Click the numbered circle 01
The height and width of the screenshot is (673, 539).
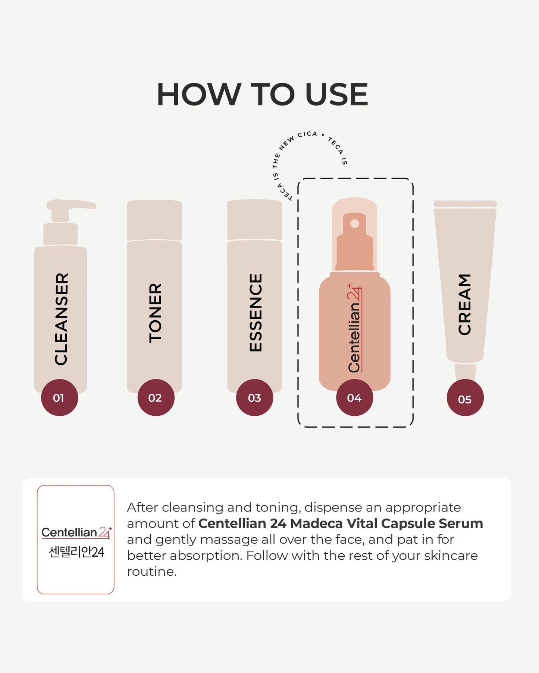(59, 397)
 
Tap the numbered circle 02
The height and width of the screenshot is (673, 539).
(156, 397)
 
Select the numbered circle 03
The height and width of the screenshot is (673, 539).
(254, 397)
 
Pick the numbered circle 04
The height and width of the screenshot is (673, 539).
(354, 397)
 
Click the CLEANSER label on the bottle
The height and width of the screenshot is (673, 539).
(61, 319)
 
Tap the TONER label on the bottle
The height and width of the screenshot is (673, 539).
(155, 313)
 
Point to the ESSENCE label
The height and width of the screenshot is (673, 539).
(256, 312)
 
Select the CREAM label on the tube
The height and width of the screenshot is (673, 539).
(464, 304)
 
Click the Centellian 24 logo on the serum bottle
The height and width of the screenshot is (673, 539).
(355, 328)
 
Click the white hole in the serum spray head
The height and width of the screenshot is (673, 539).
(355, 223)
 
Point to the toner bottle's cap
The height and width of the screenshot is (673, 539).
(154, 220)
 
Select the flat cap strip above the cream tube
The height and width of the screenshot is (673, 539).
(465, 204)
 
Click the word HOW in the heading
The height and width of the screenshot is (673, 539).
(199, 94)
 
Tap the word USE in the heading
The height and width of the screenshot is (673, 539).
(336, 94)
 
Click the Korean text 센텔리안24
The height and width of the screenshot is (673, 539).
(76, 552)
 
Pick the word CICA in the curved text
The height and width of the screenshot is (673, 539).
(307, 134)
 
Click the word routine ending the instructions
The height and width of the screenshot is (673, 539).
(152, 572)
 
